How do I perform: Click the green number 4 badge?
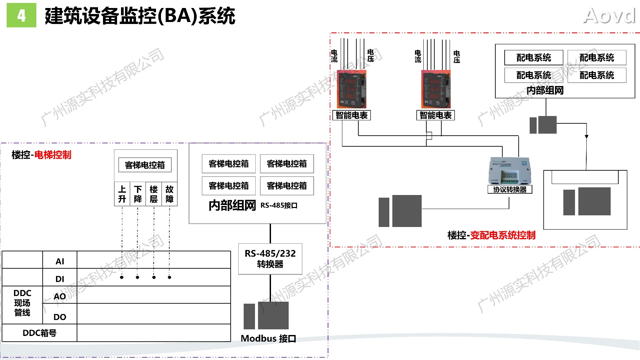point(21,15)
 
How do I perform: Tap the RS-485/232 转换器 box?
point(270,259)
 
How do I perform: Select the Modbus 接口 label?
point(268,339)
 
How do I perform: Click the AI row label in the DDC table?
point(60,261)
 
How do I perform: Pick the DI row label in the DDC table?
point(60,279)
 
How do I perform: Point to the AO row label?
point(60,296)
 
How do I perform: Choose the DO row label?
point(60,317)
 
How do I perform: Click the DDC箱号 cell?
point(39,333)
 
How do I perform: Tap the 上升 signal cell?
point(122,194)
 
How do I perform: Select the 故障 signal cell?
point(169,194)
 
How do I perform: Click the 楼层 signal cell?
point(154,194)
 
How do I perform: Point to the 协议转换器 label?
point(510,190)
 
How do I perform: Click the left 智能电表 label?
point(351,115)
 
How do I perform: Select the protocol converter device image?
point(509,171)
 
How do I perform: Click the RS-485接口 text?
point(279,205)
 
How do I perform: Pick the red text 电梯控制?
point(53,155)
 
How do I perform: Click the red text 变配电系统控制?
point(503,235)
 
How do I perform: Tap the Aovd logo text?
point(609,16)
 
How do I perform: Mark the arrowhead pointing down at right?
point(586,137)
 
